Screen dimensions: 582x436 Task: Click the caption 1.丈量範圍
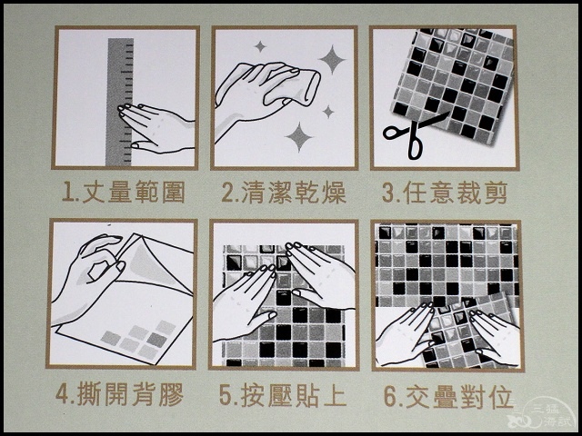pyautogui.click(x=123, y=192)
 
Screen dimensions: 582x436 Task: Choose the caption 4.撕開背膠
pyautogui.click(x=119, y=394)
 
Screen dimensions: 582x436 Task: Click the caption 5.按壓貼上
pyautogui.click(x=283, y=395)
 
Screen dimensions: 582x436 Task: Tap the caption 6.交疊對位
pyautogui.click(x=448, y=396)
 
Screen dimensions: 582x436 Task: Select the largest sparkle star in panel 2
pyautogui.click(x=332, y=59)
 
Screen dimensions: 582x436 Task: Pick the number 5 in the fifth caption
pyautogui.click(x=226, y=395)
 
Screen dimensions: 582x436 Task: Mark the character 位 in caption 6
pyautogui.click(x=501, y=396)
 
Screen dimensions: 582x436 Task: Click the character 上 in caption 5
pyautogui.click(x=335, y=395)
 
